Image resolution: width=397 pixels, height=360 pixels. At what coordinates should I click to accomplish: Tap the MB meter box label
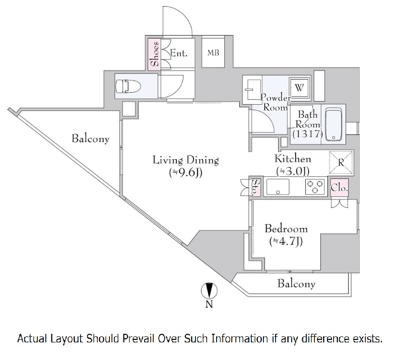(213, 53)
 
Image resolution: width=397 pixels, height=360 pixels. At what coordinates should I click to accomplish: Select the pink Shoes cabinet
(154, 54)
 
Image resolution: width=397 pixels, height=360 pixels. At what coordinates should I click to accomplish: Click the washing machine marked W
(299, 88)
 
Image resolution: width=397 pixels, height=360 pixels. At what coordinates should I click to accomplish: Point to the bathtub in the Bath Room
(334, 124)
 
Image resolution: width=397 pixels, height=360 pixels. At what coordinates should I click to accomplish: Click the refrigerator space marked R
(341, 163)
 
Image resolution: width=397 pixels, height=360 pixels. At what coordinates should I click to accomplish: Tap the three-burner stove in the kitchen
(315, 187)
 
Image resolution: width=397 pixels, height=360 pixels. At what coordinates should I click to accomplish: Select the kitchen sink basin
(278, 187)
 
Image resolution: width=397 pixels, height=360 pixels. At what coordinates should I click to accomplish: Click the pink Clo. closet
(339, 188)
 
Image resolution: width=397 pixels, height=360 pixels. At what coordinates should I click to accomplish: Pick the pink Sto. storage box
(256, 187)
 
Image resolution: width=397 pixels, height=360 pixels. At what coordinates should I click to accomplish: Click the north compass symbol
(209, 291)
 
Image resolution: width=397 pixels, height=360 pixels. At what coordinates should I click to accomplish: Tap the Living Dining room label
(185, 160)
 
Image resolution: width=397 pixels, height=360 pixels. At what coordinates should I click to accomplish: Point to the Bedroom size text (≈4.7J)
(286, 241)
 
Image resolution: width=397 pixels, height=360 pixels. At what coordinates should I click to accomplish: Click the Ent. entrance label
(178, 53)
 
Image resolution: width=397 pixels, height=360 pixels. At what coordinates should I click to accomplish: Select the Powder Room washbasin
(252, 90)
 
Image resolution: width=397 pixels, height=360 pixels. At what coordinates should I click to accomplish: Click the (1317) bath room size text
(308, 134)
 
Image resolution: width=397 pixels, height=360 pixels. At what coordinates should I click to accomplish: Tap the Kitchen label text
(293, 159)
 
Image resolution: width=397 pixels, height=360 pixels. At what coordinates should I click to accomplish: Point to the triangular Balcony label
(90, 139)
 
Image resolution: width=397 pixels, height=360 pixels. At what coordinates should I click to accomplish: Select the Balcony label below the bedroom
(296, 283)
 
